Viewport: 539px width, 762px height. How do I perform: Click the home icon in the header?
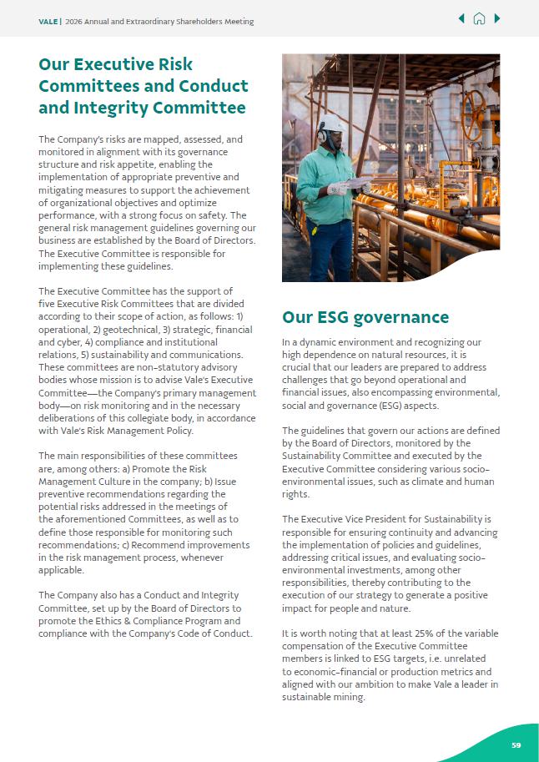(479, 18)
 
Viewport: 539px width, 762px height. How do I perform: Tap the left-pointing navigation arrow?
(461, 18)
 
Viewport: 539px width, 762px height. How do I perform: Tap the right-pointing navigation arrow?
(497, 18)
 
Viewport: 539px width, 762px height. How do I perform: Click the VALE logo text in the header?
(48, 21)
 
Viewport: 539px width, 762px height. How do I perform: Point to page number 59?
(516, 745)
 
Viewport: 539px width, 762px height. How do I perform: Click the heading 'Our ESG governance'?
(365, 317)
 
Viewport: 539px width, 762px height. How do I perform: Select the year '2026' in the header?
(76, 21)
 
